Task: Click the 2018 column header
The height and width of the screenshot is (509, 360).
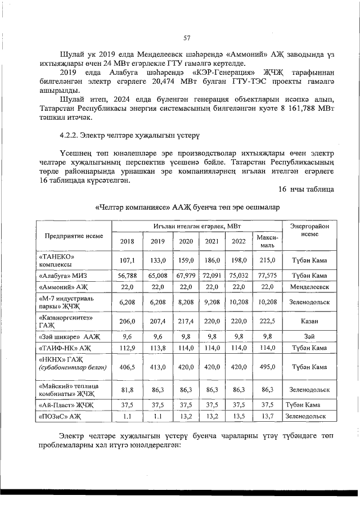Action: click(x=127, y=241)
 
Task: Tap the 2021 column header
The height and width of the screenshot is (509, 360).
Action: click(x=211, y=241)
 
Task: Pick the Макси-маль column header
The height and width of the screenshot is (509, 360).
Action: click(x=267, y=242)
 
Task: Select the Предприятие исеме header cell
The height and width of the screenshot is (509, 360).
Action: click(x=74, y=236)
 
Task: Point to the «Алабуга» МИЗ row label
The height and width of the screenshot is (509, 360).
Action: click(x=62, y=276)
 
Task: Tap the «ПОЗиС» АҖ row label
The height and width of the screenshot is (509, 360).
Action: click(x=58, y=417)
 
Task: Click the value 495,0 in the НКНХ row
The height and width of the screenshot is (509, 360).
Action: click(x=267, y=367)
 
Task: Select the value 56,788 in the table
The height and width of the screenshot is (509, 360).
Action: click(x=127, y=276)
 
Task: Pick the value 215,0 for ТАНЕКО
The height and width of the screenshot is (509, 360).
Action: click(x=267, y=261)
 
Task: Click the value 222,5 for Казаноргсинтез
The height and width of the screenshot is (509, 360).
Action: click(x=267, y=321)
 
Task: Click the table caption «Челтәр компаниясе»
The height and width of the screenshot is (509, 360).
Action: click(x=186, y=207)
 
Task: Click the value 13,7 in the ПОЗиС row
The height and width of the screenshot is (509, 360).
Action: click(x=267, y=417)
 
